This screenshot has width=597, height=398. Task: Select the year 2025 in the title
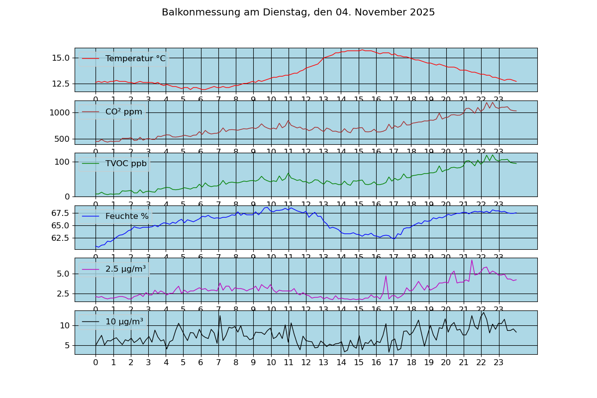[422, 12]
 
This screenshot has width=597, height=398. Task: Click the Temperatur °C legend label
[135, 59]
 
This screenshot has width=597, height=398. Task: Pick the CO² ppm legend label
[123, 112]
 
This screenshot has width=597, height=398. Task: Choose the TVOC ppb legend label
[126, 164]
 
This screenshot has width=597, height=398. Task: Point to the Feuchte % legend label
[127, 216]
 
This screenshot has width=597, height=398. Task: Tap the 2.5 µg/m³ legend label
[125, 269]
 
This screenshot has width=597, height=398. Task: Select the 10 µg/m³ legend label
[124, 321]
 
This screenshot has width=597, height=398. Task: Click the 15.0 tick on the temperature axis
[60, 58]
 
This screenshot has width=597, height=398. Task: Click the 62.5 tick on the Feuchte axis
[60, 238]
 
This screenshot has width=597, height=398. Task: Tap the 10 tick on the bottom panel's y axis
[65, 325]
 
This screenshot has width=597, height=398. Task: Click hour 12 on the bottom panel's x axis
[306, 363]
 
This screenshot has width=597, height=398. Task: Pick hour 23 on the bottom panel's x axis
[498, 363]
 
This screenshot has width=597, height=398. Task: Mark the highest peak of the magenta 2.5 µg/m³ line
[472, 260]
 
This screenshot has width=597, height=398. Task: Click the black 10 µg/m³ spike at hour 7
[220, 315]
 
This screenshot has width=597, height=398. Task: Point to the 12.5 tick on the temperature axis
[60, 84]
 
